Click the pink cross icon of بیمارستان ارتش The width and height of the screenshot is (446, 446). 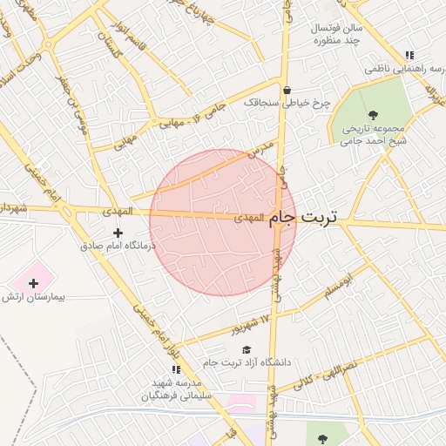[33, 283]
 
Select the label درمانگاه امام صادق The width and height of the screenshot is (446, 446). [117, 247]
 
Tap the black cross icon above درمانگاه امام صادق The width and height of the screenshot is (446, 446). [118, 233]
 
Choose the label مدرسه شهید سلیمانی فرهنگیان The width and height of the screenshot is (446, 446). [175, 389]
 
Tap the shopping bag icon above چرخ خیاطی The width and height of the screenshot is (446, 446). [287, 89]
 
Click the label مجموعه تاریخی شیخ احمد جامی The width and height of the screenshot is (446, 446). [373, 133]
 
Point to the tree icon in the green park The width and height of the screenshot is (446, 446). [373, 114]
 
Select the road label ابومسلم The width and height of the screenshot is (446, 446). [340, 289]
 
